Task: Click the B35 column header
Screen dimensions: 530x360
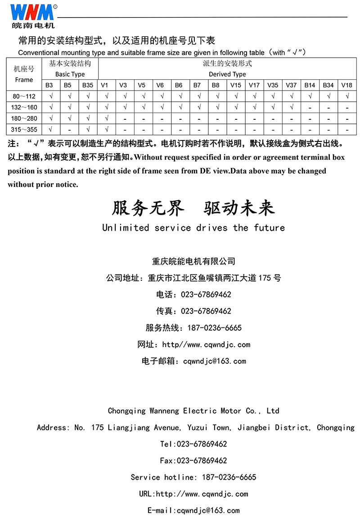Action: click(88, 85)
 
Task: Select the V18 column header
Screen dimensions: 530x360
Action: click(346, 85)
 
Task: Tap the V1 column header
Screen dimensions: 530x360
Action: click(104, 85)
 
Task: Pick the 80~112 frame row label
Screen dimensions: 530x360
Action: click(24, 96)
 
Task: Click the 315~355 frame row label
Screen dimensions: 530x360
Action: click(24, 130)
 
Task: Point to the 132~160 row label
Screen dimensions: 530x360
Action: click(24, 107)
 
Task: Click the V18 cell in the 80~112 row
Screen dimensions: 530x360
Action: click(346, 96)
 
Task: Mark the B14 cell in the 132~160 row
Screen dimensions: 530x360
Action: click(310, 108)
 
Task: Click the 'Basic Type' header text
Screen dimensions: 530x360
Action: click(70, 74)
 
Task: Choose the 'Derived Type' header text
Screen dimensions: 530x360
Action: click(227, 74)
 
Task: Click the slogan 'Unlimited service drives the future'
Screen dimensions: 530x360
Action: click(193, 228)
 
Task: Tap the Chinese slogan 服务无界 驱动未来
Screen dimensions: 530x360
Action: click(193, 208)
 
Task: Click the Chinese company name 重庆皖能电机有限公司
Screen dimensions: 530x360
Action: click(193, 262)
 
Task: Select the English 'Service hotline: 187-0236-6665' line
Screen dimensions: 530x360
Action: click(193, 477)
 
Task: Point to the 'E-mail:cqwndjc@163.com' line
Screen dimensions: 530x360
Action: click(193, 511)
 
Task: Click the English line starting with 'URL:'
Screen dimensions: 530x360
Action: click(193, 494)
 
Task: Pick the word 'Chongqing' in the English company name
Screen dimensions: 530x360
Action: click(126, 411)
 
